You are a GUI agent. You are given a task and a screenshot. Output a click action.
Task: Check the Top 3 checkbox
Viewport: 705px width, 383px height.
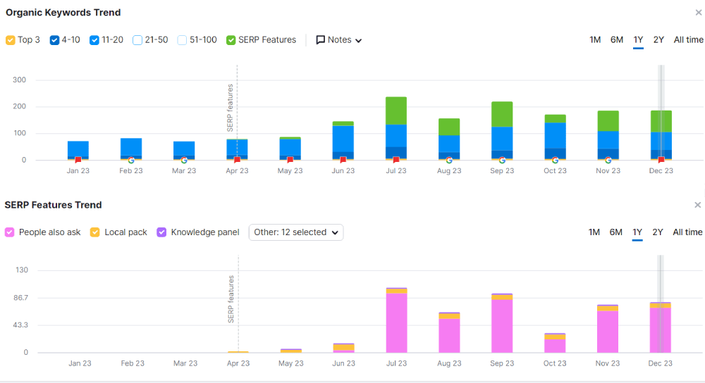pos(11,40)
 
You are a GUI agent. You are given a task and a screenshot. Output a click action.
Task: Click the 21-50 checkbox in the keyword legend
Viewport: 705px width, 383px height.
pos(137,40)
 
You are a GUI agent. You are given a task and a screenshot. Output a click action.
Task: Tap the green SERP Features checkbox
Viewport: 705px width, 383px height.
pos(231,40)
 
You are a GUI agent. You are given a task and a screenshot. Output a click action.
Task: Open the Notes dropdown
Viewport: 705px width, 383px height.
pos(339,40)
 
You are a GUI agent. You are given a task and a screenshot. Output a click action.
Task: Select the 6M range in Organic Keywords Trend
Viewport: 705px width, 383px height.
pos(616,40)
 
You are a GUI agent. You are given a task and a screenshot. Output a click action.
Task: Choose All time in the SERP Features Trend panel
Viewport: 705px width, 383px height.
pos(687,232)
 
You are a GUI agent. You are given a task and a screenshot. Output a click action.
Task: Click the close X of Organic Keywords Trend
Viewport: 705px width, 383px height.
pos(698,13)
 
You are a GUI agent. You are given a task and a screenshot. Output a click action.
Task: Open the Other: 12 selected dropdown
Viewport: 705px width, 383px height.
pos(296,232)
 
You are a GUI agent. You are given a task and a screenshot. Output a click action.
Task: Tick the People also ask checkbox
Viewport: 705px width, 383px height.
pos(9,232)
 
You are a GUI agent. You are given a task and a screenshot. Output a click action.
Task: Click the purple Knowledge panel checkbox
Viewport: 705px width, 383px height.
pos(161,232)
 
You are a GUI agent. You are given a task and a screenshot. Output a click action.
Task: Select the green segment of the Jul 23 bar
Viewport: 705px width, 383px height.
pos(396,111)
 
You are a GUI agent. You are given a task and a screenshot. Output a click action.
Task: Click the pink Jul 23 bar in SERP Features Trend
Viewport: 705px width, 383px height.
pos(396,323)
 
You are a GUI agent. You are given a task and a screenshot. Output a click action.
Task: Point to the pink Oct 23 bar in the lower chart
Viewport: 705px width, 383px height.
pos(555,346)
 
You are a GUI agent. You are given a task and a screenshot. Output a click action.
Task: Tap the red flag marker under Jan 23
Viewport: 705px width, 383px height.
pos(78,160)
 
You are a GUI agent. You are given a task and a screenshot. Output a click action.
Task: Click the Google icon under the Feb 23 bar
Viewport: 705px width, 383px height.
pos(131,161)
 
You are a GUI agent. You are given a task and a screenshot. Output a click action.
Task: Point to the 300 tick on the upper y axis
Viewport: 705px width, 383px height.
pos(19,80)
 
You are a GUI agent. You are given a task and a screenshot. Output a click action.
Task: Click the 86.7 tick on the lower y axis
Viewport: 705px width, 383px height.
pos(19,298)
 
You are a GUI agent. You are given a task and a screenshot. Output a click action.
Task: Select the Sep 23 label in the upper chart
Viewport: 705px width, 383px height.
pos(502,171)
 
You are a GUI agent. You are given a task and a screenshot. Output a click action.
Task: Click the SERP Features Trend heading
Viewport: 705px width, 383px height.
pos(53,205)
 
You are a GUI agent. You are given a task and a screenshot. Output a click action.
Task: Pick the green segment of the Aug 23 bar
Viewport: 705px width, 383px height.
pos(449,127)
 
